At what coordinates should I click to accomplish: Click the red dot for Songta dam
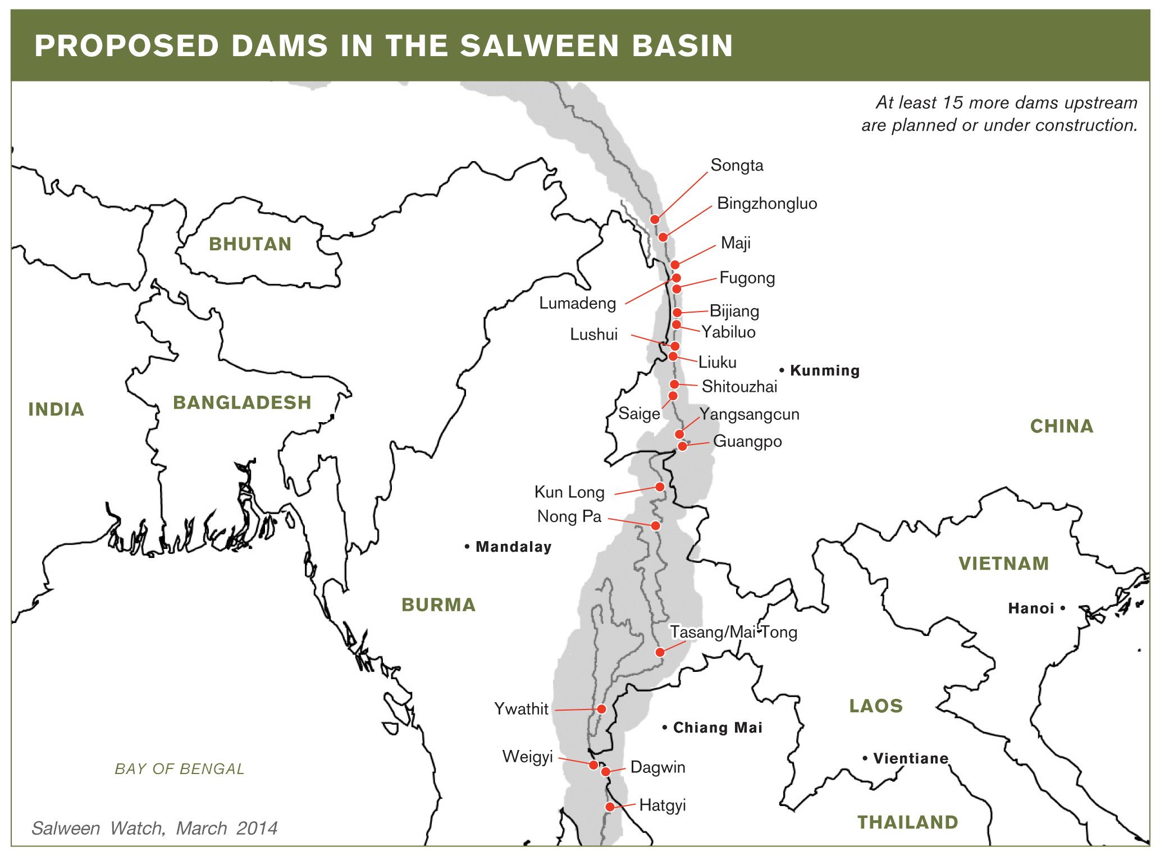(x=654, y=219)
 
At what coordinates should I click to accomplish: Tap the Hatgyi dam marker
(x=610, y=807)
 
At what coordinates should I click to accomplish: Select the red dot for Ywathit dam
(x=601, y=709)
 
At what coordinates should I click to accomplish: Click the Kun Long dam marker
(x=660, y=487)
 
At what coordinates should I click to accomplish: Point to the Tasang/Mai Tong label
(x=733, y=632)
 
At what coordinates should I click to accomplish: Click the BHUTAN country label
(x=250, y=244)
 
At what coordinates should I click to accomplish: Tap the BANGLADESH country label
(x=241, y=402)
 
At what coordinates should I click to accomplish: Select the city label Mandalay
(x=513, y=547)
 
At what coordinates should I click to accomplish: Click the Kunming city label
(x=824, y=370)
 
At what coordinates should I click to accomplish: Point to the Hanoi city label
(x=1031, y=608)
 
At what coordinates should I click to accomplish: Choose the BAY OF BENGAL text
(x=180, y=768)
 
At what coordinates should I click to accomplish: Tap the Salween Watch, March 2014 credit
(x=154, y=828)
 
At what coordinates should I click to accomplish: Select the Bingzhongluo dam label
(x=767, y=203)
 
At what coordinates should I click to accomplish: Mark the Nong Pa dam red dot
(x=655, y=525)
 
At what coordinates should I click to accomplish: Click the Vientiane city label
(x=910, y=759)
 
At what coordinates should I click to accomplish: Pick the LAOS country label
(x=875, y=706)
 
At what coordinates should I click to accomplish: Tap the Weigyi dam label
(x=527, y=757)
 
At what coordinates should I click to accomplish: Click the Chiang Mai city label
(x=717, y=728)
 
